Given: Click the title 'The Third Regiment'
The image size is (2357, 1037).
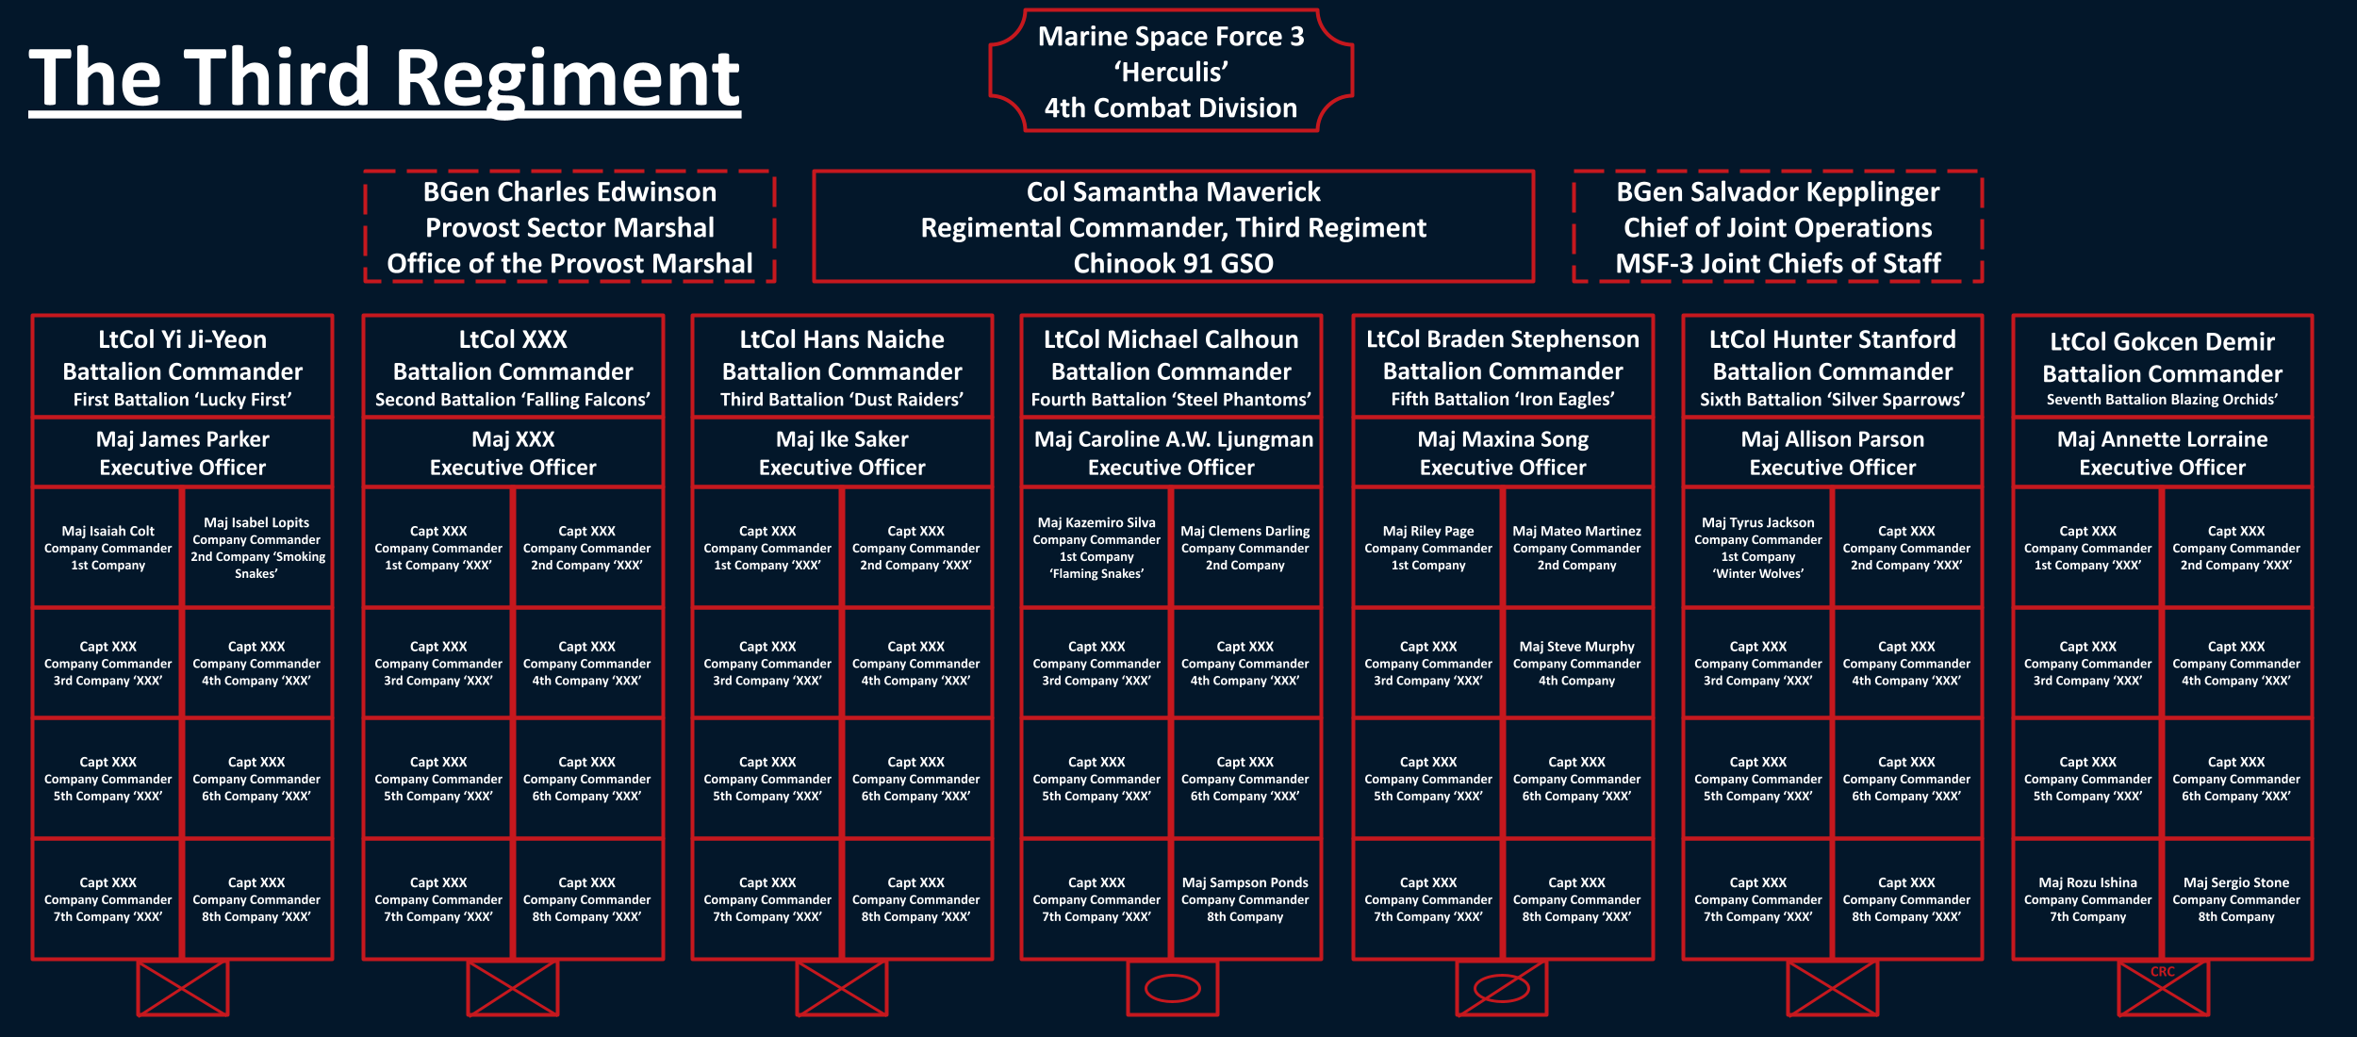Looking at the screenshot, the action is pyautogui.click(x=385, y=79).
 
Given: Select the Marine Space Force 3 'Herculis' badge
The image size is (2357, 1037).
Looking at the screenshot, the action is pyautogui.click(x=1171, y=72).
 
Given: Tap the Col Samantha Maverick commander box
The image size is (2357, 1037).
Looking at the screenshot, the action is pyautogui.click(x=1174, y=227).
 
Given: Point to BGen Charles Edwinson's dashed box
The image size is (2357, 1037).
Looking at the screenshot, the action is pyautogui.click(x=569, y=227).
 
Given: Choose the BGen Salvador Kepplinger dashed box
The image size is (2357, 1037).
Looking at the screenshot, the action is pyautogui.click(x=1778, y=227).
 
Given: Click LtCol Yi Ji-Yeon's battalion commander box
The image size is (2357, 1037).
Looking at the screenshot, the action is pyautogui.click(x=183, y=367).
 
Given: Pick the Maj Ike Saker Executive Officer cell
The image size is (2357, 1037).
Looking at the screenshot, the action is pyautogui.click(x=842, y=453).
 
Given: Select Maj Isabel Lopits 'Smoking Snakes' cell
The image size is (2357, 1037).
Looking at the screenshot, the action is pyautogui.click(x=257, y=548).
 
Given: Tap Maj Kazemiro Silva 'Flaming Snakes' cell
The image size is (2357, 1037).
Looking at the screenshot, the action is pyautogui.click(x=1096, y=548).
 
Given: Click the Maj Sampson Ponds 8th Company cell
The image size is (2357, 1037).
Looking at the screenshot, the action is pyautogui.click(x=1245, y=899).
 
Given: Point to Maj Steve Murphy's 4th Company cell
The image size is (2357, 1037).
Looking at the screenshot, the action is pyautogui.click(x=1577, y=664).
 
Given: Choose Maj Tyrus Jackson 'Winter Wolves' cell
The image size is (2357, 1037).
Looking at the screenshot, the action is pyautogui.click(x=1758, y=548).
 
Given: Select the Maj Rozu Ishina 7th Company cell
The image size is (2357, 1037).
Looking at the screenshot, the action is pyautogui.click(x=2087, y=899).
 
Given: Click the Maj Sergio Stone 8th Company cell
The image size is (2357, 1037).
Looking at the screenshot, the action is pyautogui.click(x=2236, y=899).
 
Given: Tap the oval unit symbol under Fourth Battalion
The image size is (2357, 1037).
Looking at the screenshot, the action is pyautogui.click(x=1172, y=988).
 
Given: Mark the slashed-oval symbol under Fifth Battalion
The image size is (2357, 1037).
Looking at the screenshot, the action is pyautogui.click(x=1502, y=988).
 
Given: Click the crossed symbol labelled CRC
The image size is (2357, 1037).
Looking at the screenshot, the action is pyautogui.click(x=2164, y=988).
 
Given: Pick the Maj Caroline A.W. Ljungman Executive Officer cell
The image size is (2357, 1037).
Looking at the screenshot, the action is pyautogui.click(x=1172, y=453).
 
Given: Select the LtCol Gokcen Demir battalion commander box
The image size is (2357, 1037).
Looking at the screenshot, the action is pyautogui.click(x=2163, y=367).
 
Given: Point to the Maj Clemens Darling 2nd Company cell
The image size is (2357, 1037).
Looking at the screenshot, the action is pyautogui.click(x=1245, y=548).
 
